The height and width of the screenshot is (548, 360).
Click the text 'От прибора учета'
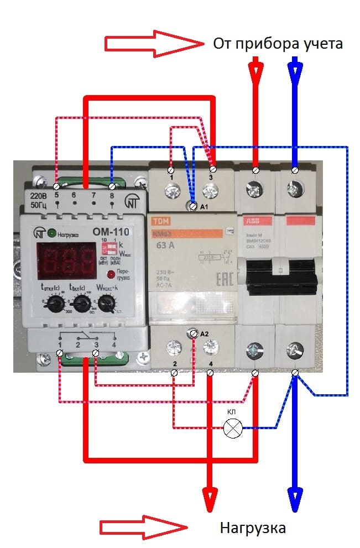278,44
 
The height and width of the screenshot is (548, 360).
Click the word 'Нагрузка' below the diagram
253,528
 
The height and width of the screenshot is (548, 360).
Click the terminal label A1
204,207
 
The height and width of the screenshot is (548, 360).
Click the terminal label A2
204,334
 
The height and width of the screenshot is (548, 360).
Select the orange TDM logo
159,220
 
